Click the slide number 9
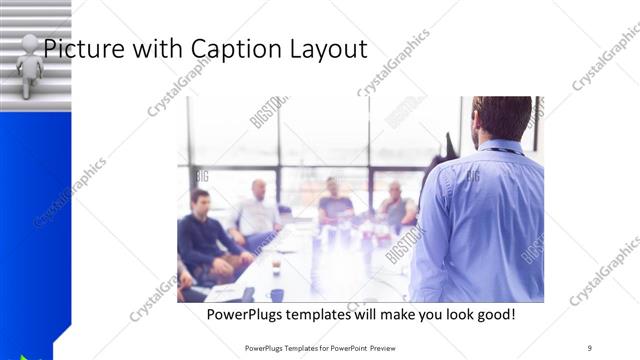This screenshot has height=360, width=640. (590, 347)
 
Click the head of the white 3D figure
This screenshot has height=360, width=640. (30, 43)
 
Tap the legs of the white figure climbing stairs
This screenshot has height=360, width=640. (29, 86)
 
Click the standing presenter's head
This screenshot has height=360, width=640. (500, 116)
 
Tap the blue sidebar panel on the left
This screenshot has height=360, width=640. (34, 220)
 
